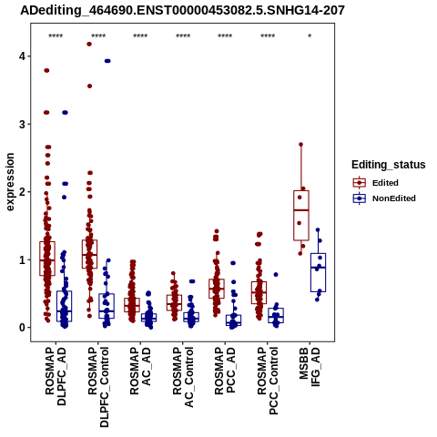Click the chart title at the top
182,10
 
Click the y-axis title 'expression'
10,182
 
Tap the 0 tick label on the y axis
23,328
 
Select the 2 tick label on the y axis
23,192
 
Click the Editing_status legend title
389,165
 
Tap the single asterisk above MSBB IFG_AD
310,36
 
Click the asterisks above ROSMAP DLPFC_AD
56,36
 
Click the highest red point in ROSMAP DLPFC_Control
89,44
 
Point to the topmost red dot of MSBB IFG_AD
301,145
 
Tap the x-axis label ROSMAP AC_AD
140,371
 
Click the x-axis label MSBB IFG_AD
310,367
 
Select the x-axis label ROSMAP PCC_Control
268,381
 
